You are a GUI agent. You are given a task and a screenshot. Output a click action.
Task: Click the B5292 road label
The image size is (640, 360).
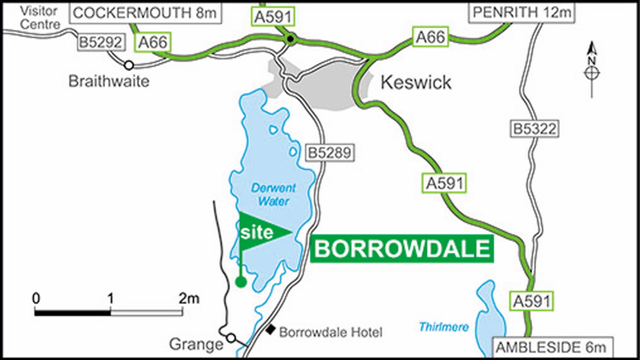pyautogui.click(x=101, y=42)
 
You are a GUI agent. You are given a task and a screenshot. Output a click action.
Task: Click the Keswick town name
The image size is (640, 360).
pyautogui.click(x=416, y=82)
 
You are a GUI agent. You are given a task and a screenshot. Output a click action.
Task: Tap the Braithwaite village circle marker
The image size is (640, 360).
pyautogui.click(x=129, y=65)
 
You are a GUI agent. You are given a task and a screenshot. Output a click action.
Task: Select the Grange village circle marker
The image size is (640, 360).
pyautogui.click(x=230, y=338)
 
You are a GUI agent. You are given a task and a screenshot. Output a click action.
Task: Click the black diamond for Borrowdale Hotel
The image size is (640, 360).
pyautogui.click(x=271, y=331)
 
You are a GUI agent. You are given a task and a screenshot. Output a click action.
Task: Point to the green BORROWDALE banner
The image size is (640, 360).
pyautogui.click(x=402, y=249)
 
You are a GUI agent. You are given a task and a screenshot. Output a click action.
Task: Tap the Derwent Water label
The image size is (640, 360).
pyautogui.click(x=274, y=195)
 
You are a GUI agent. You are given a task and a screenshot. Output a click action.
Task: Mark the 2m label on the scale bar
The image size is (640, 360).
pyautogui.click(x=189, y=298)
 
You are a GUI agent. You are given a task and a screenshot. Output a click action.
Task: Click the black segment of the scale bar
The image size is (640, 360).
pyautogui.click(x=73, y=311)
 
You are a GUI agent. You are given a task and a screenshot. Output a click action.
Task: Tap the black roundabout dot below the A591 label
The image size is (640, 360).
pyautogui.click(x=290, y=39)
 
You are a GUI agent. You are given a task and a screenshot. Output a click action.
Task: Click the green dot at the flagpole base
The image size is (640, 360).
pyautogui.click(x=241, y=282)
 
